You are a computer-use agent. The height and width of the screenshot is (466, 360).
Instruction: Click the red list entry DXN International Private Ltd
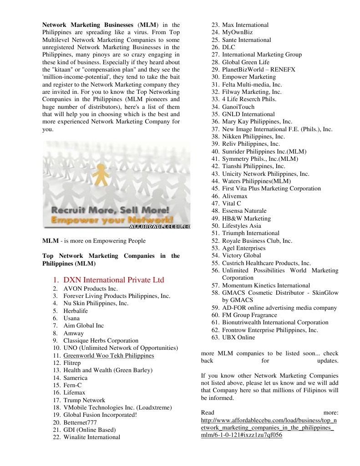coord(113,280)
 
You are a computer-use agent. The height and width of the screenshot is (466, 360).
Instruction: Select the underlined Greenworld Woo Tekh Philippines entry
coord(108,356)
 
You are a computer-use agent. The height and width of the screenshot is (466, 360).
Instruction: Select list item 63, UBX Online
coord(238,338)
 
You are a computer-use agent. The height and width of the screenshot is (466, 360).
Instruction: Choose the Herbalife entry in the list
coord(76,311)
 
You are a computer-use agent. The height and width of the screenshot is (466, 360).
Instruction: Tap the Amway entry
coord(73,333)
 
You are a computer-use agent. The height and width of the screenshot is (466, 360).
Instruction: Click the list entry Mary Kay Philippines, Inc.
coord(257,122)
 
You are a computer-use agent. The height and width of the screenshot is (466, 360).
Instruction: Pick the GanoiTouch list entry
coord(238,107)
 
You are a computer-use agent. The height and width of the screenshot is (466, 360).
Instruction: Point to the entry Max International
coord(245,25)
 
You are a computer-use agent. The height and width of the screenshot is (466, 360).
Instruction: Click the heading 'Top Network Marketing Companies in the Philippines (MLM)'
coord(111,260)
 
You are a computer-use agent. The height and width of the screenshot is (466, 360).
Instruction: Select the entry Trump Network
coord(84,400)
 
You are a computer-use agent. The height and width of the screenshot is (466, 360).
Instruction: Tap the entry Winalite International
coord(91,437)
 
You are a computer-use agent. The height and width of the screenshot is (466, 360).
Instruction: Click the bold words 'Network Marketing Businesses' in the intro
coord(88,25)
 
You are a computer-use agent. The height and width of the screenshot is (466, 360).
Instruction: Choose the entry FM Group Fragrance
coord(249,315)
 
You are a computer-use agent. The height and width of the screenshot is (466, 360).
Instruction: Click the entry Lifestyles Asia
coord(242,226)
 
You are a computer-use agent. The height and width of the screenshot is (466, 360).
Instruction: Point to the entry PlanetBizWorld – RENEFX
coord(259,70)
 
